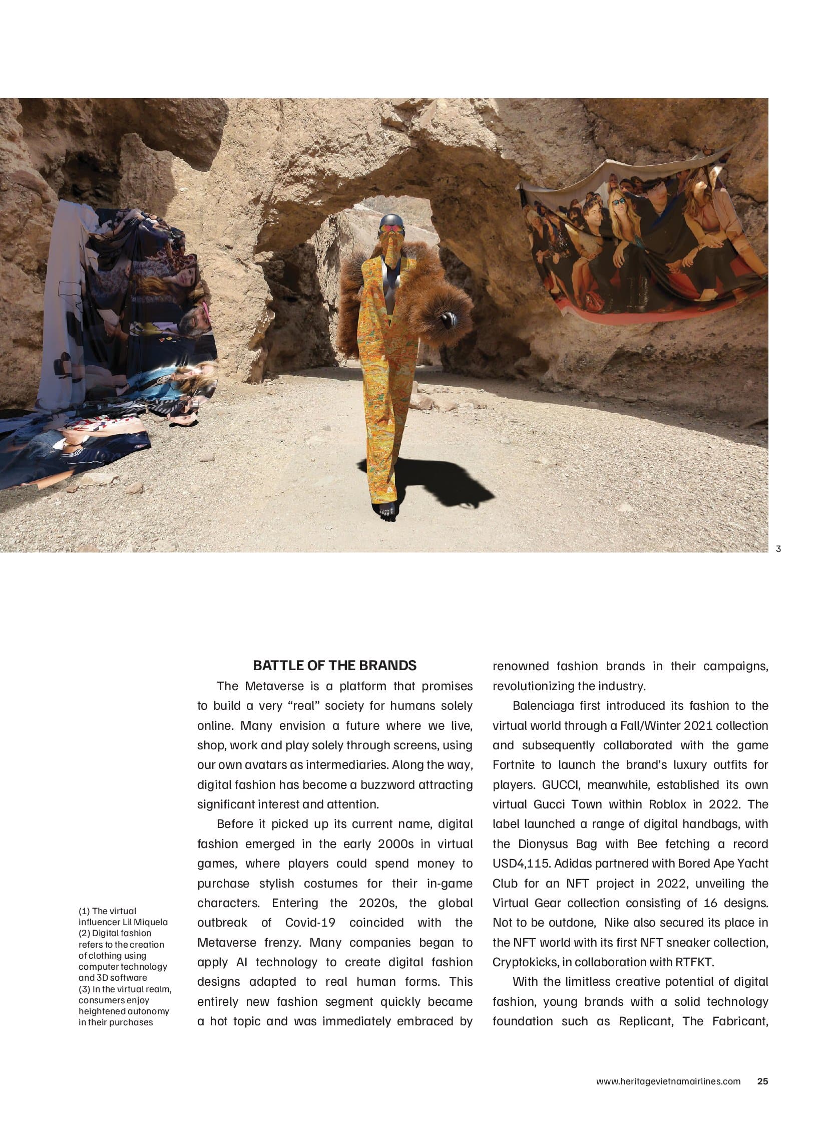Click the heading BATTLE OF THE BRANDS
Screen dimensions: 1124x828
coord(334,666)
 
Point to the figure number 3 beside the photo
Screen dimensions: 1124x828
coord(778,548)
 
